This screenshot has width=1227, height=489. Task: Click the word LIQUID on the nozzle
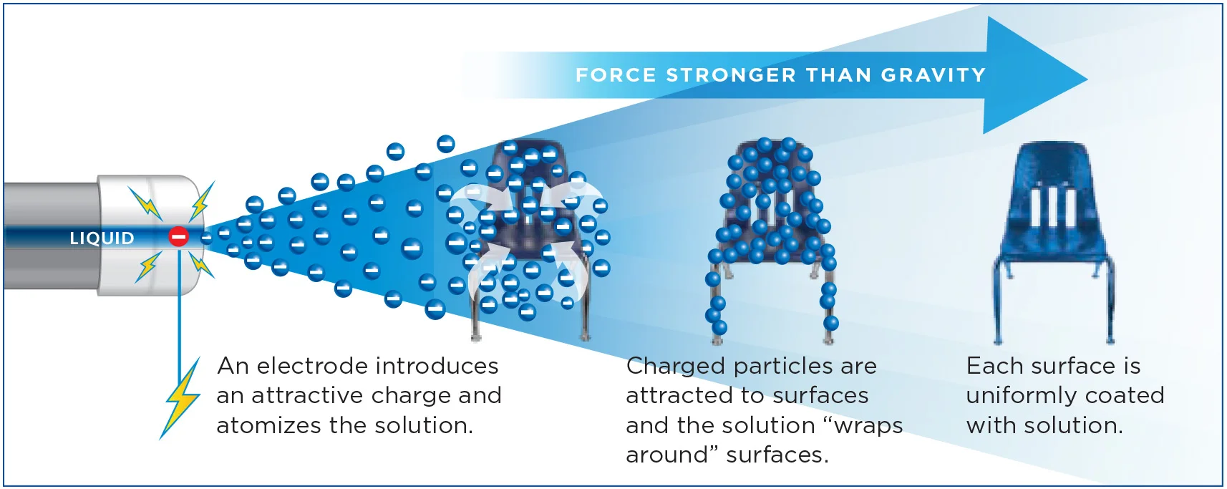(102, 238)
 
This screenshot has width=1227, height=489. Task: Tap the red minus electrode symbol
(178, 236)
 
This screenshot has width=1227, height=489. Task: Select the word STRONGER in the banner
(731, 75)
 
